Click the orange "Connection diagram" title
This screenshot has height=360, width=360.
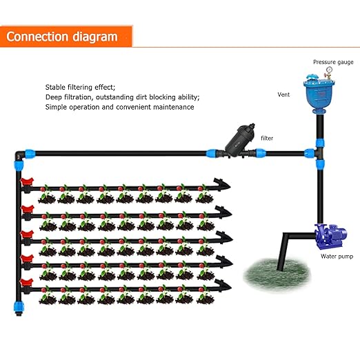point(62,37)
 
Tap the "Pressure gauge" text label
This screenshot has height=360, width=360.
point(333,62)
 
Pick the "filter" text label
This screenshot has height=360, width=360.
point(267,138)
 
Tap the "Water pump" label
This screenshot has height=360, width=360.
point(337,256)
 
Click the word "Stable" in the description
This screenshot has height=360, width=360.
point(57,88)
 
